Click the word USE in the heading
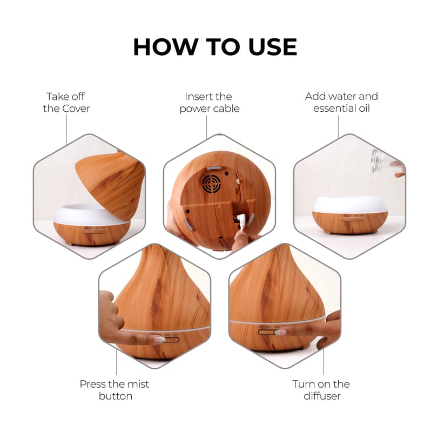[273, 46]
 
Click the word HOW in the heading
[166, 46]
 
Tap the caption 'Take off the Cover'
[66, 103]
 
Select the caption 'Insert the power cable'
[210, 103]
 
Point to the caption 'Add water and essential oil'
[341, 102]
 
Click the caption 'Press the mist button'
[115, 390]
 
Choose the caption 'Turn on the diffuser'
[321, 390]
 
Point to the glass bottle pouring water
[377, 160]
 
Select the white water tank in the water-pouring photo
[350, 205]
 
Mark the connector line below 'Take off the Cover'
[66, 129]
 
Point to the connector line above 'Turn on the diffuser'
[324, 362]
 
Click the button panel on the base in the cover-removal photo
[95, 232]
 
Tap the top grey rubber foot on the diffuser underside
[214, 168]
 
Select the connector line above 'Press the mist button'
[116, 362]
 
